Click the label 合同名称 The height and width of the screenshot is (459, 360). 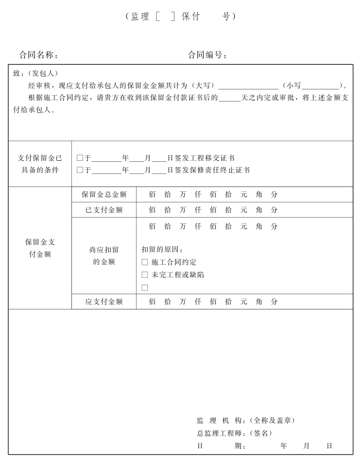(x=39, y=55)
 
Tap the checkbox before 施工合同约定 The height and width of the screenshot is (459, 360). (x=145, y=262)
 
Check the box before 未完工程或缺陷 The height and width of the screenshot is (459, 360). (x=145, y=275)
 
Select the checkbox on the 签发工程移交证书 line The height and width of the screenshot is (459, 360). (x=80, y=158)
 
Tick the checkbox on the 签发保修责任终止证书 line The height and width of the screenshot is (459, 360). (x=80, y=170)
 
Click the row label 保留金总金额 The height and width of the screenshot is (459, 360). (x=104, y=195)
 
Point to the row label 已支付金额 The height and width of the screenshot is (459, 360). (x=104, y=210)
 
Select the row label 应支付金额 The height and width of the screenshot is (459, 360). (x=104, y=302)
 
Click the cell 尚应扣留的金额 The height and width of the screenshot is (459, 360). (x=104, y=255)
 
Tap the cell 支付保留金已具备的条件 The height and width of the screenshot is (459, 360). (x=40, y=164)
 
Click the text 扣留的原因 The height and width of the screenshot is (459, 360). (x=162, y=250)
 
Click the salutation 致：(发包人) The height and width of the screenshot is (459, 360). (x=35, y=73)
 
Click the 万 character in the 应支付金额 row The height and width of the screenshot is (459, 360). (x=183, y=302)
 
